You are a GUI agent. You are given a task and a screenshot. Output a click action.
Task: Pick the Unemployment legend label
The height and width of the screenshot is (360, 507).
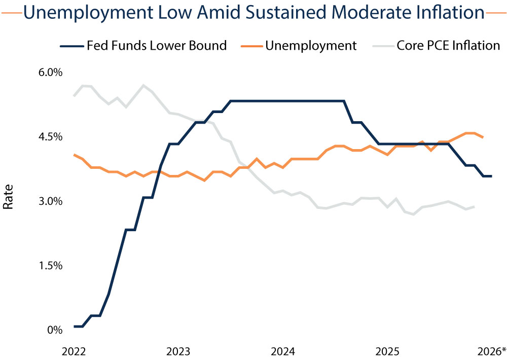click(x=311, y=46)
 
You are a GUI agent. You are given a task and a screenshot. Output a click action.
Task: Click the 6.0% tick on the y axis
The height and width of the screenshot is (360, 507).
click(x=50, y=73)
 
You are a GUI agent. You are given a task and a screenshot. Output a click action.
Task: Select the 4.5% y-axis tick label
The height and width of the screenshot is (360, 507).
click(x=50, y=137)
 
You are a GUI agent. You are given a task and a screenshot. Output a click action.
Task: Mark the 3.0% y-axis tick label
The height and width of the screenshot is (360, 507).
click(x=50, y=201)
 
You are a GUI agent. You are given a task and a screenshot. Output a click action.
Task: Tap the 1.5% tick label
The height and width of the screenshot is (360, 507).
click(x=50, y=266)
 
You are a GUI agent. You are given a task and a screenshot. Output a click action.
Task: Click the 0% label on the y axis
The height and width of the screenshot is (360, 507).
click(x=54, y=330)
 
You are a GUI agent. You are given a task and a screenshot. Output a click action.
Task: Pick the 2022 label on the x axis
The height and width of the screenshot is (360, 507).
click(x=74, y=351)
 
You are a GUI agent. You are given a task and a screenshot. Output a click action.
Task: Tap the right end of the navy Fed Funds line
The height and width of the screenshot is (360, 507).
click(x=491, y=176)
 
